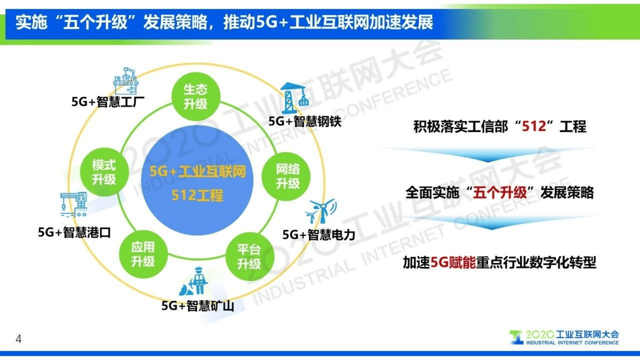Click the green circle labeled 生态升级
click(x=195, y=96)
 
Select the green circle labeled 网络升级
click(x=287, y=176)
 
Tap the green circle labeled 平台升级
click(x=249, y=256)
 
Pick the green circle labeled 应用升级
click(x=143, y=254)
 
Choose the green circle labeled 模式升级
click(x=104, y=172)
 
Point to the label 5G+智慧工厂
click(x=108, y=101)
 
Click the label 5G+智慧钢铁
click(x=305, y=121)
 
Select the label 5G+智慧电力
click(x=318, y=235)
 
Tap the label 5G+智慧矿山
click(x=198, y=306)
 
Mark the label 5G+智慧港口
click(x=74, y=232)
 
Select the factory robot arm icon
click(x=126, y=81)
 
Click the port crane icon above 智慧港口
click(x=74, y=205)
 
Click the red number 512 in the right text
click(x=534, y=127)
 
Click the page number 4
click(x=18, y=339)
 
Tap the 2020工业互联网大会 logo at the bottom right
click(x=564, y=337)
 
